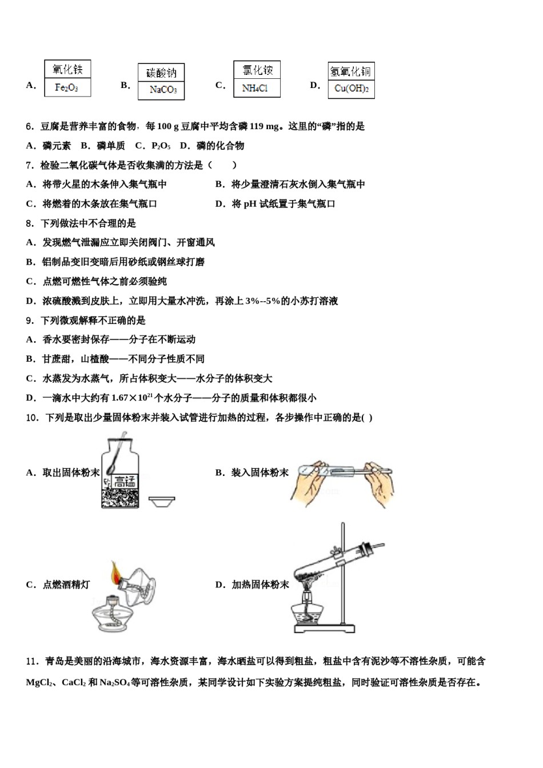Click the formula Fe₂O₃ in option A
[x=67, y=87]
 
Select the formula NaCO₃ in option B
[x=162, y=90]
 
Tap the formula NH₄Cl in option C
[x=255, y=88]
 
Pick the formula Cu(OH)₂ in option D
[x=351, y=89]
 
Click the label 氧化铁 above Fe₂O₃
[x=67, y=70]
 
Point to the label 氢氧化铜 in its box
[x=351, y=71]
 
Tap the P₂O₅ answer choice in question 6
[x=161, y=146]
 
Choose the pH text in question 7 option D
[x=250, y=204]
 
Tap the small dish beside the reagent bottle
[x=162, y=501]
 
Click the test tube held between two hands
[x=343, y=471]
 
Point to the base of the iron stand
[x=324, y=629]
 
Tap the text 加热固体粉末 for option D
[x=261, y=585]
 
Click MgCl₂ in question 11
[x=39, y=682]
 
